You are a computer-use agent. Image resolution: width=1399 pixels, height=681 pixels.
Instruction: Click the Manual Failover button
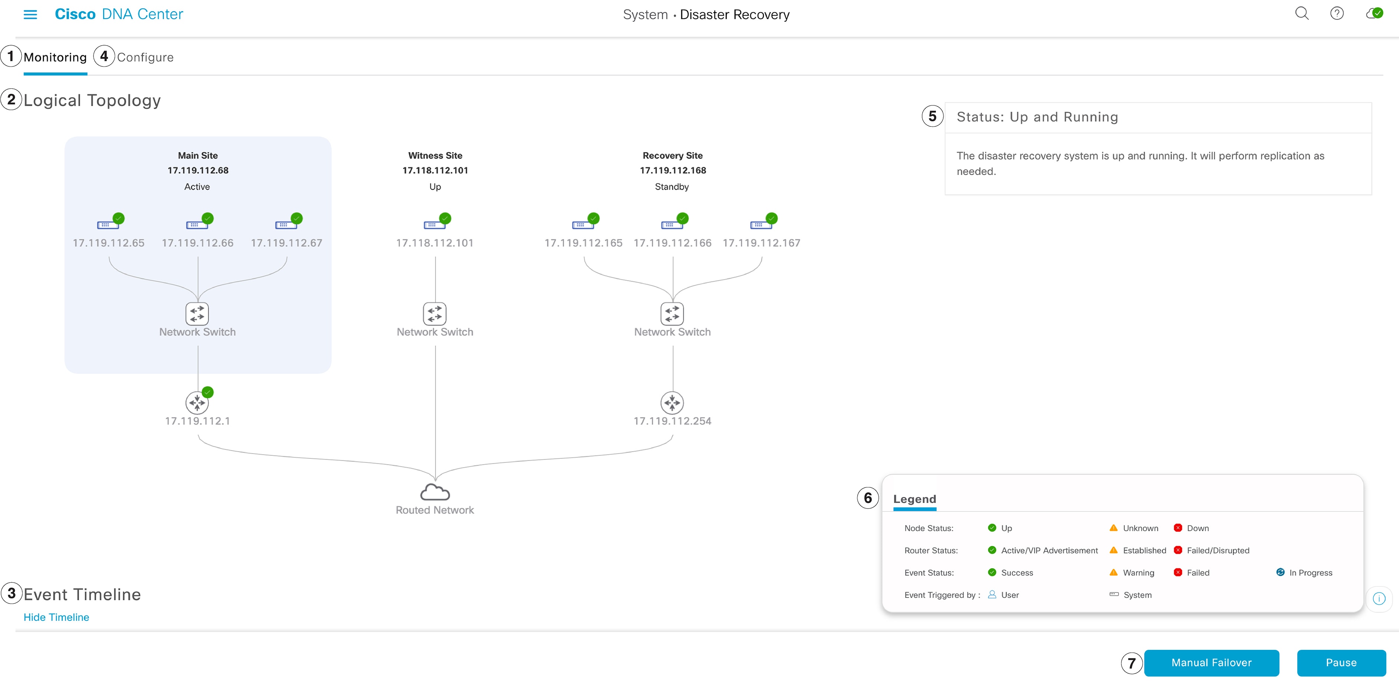(1211, 662)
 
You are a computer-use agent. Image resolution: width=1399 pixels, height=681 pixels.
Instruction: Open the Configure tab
(145, 57)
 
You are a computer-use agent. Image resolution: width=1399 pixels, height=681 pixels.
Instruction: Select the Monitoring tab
(55, 57)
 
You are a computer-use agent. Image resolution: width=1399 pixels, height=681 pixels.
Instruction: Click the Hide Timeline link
(56, 617)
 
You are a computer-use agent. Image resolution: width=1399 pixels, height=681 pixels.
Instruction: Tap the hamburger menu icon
(30, 14)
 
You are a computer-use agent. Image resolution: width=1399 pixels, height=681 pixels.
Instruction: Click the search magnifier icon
(1302, 14)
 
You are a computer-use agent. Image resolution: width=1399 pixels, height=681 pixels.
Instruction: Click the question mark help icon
(1337, 14)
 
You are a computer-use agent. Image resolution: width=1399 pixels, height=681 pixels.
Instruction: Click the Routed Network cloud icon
(435, 492)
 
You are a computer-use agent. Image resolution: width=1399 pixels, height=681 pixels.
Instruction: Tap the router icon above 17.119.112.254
(672, 403)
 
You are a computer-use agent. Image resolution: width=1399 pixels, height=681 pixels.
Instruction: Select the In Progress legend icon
(1280, 572)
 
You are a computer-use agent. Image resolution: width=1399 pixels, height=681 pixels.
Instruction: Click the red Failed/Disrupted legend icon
(1177, 550)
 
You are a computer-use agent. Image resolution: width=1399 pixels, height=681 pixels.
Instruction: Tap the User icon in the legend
(992, 594)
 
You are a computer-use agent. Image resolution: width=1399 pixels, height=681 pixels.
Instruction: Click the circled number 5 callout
(932, 116)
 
